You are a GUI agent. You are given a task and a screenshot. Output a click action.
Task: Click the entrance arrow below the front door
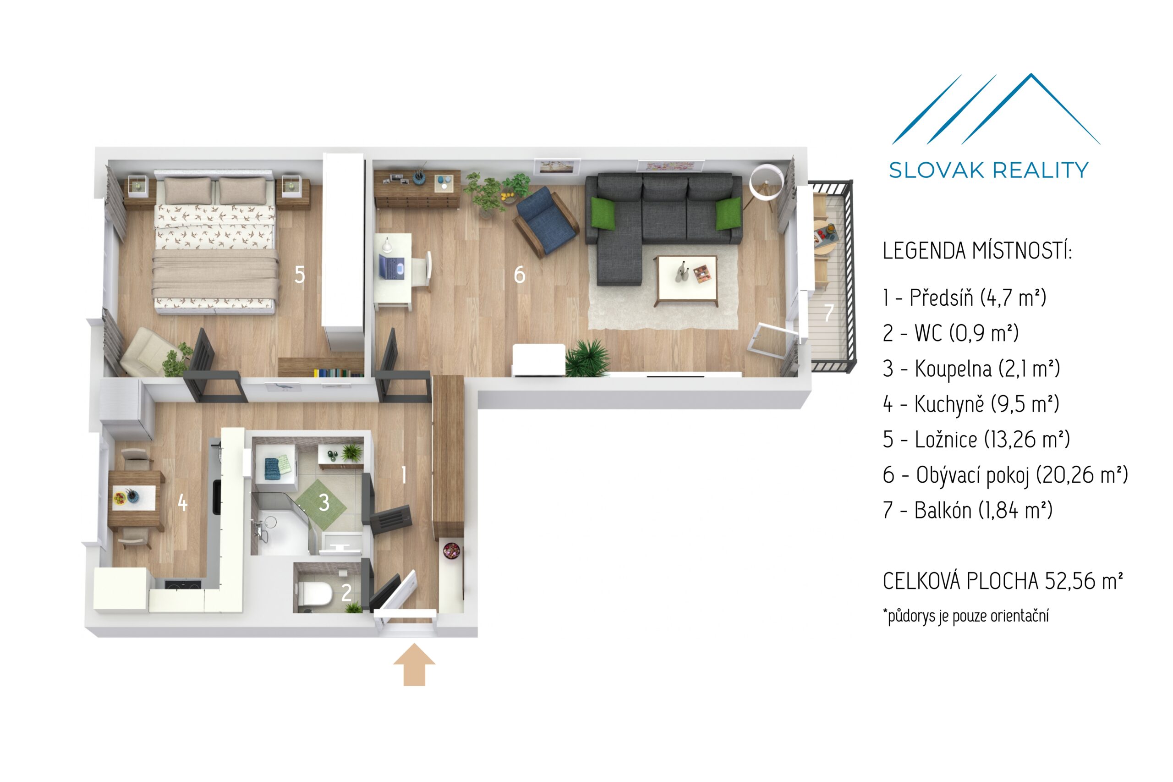414,664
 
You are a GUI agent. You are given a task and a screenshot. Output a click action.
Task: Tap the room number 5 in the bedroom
299,274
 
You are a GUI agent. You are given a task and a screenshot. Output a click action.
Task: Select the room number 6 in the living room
519,274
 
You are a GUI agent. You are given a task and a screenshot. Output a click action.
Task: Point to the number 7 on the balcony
828,313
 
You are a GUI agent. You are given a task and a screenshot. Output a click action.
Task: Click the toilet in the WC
318,593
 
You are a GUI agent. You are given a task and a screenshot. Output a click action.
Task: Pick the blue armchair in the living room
546,221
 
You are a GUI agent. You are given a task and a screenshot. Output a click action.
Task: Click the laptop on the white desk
392,266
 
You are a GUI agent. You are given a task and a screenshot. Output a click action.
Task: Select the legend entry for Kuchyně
970,404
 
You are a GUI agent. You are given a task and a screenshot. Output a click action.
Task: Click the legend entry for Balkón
967,510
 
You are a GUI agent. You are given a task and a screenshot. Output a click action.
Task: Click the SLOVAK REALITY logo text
988,170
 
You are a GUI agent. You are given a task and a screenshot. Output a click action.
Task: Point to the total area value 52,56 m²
1084,581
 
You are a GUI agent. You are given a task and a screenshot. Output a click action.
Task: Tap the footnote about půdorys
965,616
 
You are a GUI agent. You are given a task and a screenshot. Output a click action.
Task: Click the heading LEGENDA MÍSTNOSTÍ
976,250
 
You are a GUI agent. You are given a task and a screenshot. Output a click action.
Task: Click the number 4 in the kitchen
182,502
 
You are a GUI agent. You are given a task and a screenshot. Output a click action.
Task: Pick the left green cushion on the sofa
603,213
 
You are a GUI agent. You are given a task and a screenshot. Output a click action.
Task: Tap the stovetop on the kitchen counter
183,584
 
